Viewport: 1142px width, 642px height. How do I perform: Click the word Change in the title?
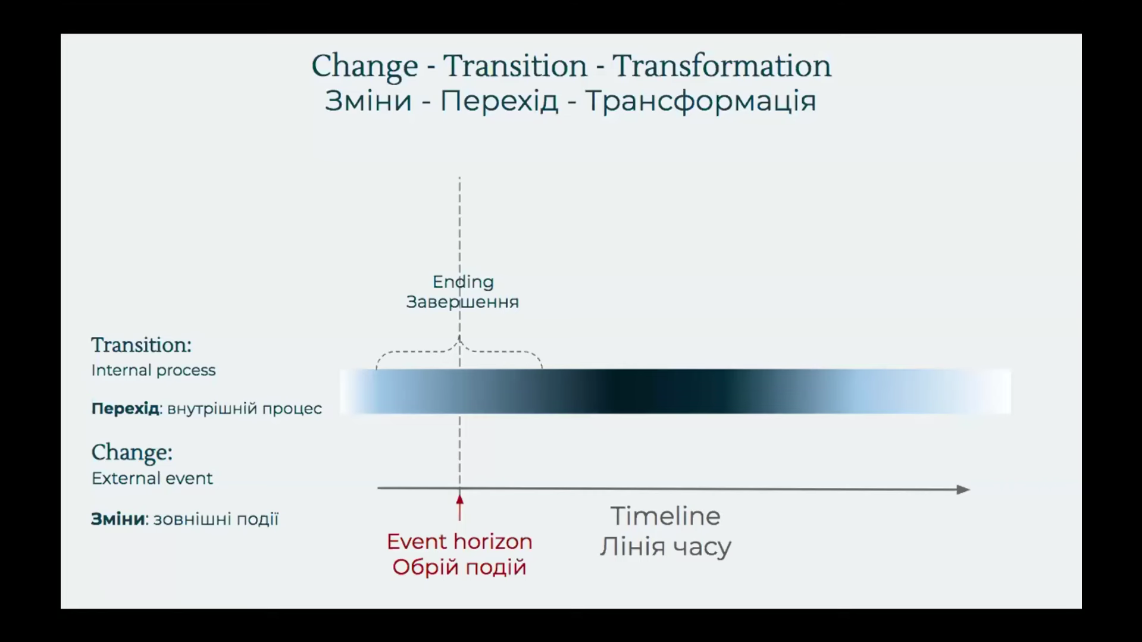365,66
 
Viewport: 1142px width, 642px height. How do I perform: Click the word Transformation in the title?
722,65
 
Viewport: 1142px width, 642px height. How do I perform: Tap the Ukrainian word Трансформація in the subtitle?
700,101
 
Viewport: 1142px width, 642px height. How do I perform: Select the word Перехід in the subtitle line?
499,101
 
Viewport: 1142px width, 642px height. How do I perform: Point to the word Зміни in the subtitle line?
368,101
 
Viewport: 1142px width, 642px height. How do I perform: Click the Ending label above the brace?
463,282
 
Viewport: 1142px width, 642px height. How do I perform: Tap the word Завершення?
462,302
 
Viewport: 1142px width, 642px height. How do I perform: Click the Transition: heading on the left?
142,345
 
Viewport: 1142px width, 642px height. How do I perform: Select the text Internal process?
154,370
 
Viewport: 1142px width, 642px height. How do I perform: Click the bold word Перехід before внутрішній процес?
125,409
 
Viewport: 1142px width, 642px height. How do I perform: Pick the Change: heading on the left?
132,453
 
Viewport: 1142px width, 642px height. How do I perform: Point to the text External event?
152,478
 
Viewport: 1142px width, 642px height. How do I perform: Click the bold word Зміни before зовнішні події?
118,519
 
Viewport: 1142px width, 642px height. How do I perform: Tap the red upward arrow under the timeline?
459,507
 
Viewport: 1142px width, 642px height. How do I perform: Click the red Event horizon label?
459,541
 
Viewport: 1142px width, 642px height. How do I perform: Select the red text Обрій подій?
459,567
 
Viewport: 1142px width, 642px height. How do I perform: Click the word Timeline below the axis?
665,516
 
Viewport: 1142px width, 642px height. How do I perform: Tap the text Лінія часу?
665,546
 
